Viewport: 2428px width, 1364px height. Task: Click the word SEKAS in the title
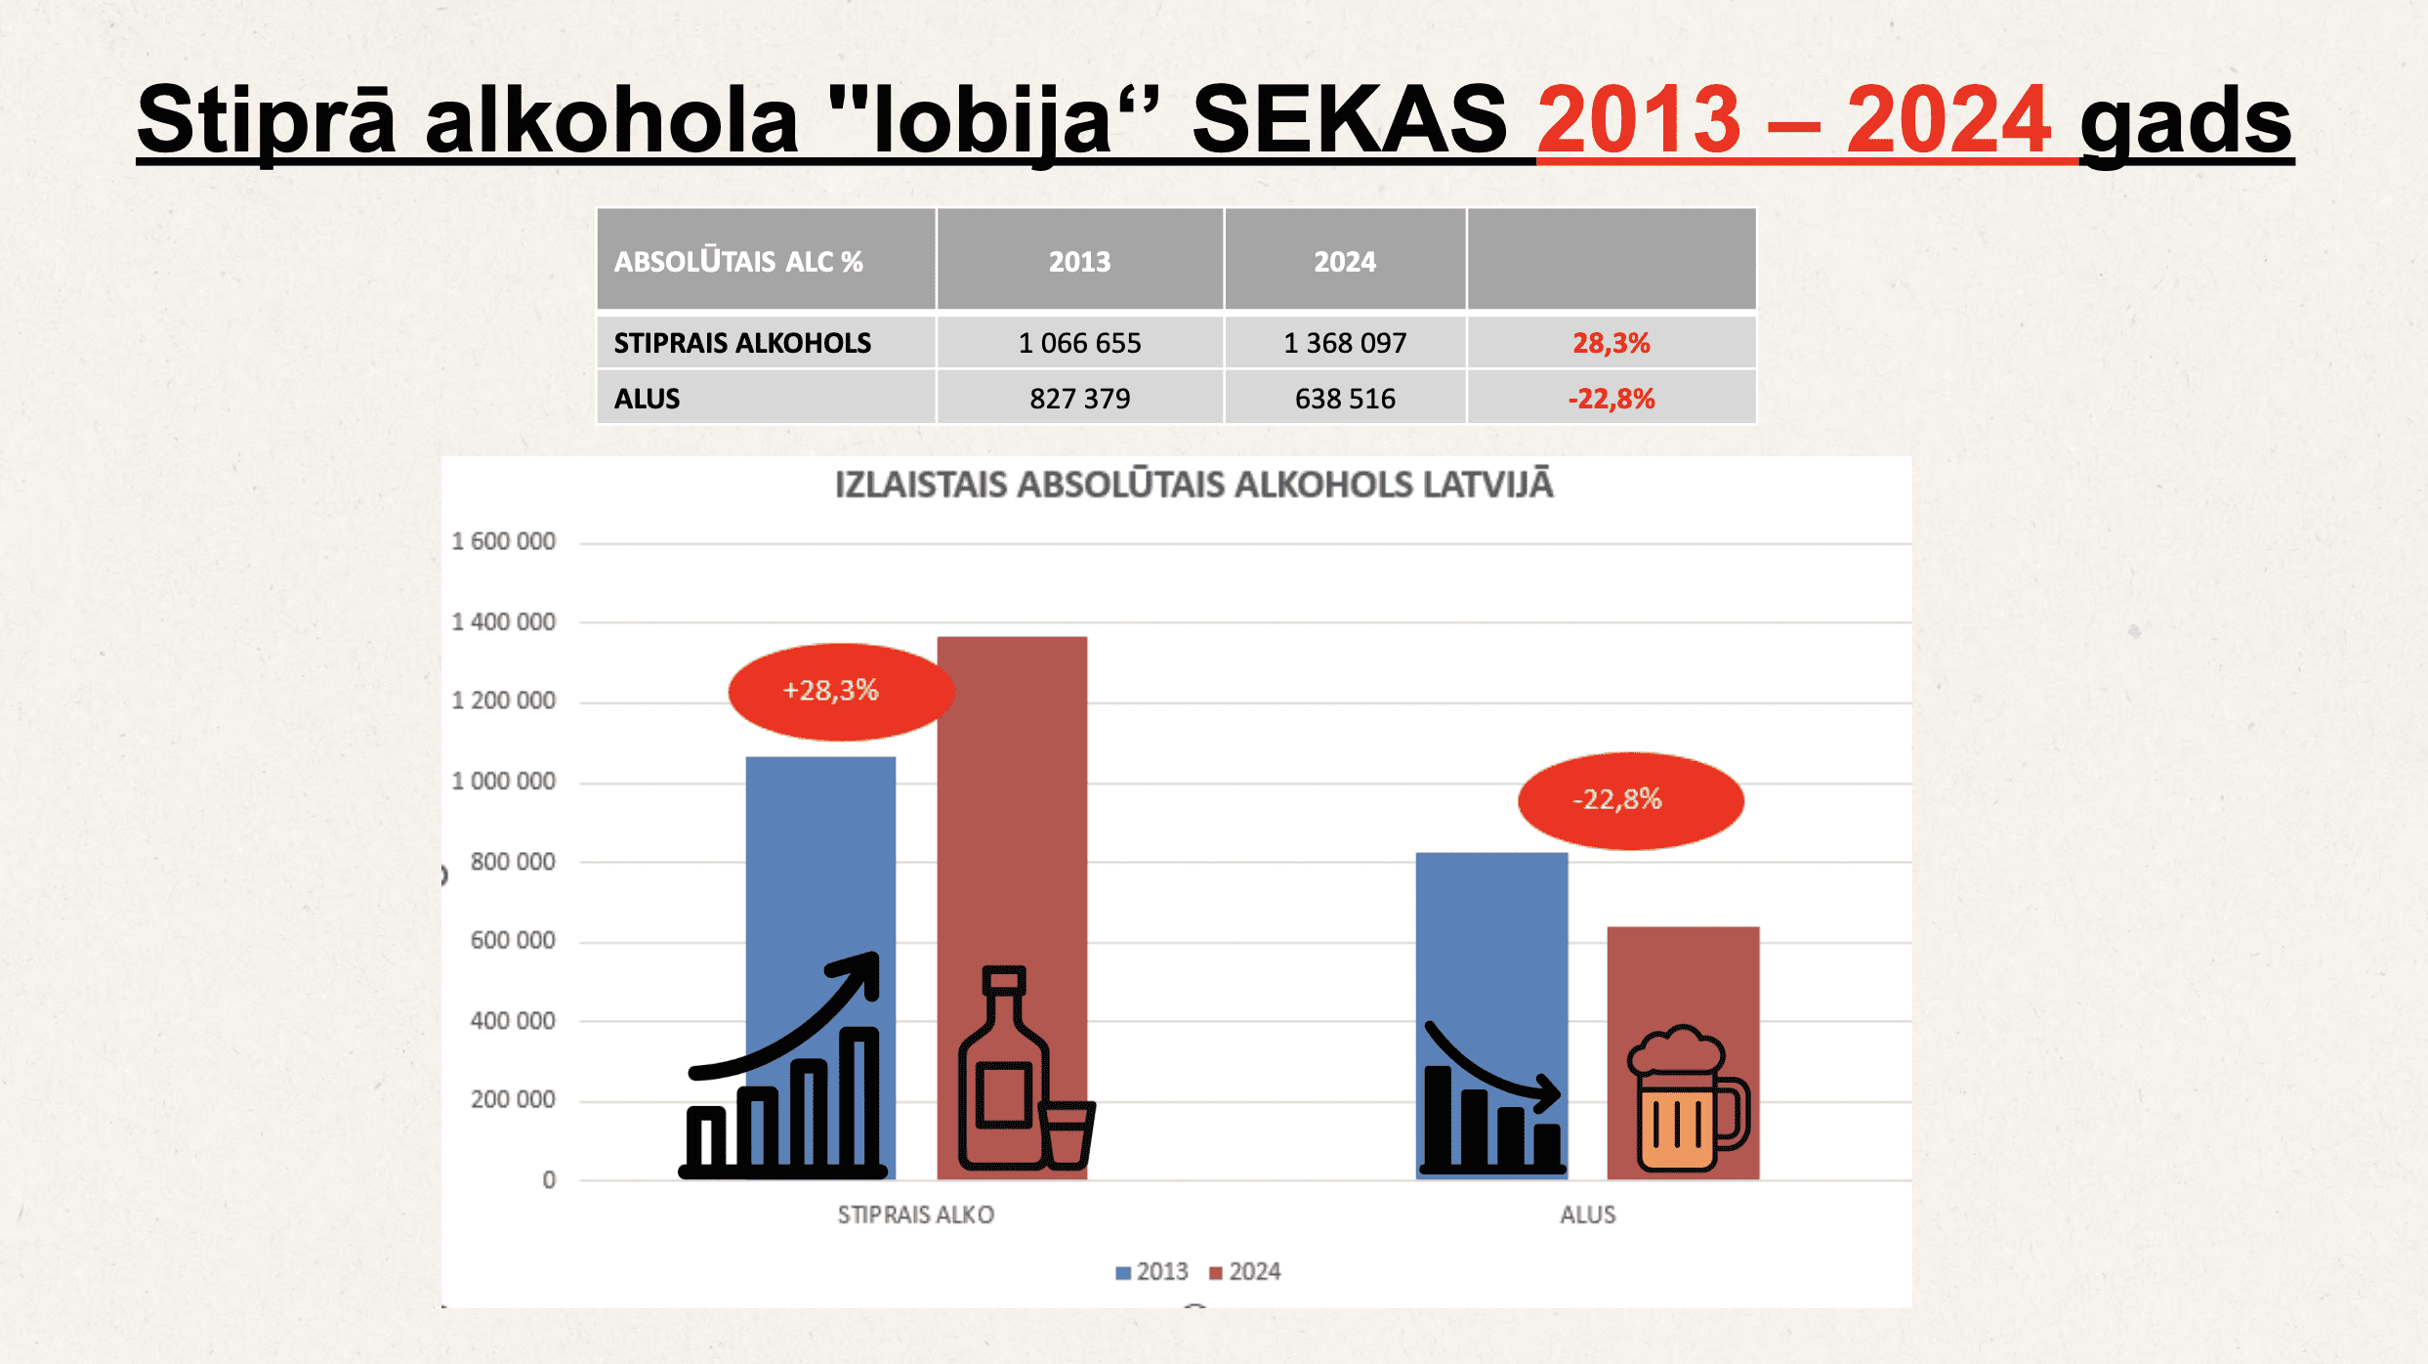pyautogui.click(x=1350, y=119)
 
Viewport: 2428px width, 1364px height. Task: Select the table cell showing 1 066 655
pyautogui.click(x=1079, y=343)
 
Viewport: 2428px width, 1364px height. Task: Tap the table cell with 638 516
pyautogui.click(x=1345, y=399)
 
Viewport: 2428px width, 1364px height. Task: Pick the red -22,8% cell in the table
pyautogui.click(x=1612, y=399)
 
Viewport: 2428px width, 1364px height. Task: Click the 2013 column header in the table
pyautogui.click(x=1079, y=261)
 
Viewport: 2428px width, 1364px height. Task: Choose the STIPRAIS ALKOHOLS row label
pyautogui.click(x=742, y=343)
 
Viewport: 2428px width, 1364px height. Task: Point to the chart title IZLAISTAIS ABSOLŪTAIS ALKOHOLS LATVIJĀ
pyautogui.click(x=1193, y=485)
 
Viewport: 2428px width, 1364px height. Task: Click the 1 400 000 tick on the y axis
pyautogui.click(x=503, y=621)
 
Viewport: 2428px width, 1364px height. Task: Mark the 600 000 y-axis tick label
pyautogui.click(x=513, y=940)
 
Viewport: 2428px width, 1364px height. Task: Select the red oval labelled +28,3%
pyautogui.click(x=841, y=692)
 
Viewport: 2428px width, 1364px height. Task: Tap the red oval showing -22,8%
pyautogui.click(x=1631, y=800)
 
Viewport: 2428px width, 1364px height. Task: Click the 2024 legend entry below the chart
pyautogui.click(x=1245, y=1271)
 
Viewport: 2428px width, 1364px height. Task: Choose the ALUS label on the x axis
pyautogui.click(x=1587, y=1215)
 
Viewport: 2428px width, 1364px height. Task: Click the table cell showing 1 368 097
pyautogui.click(x=1345, y=343)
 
